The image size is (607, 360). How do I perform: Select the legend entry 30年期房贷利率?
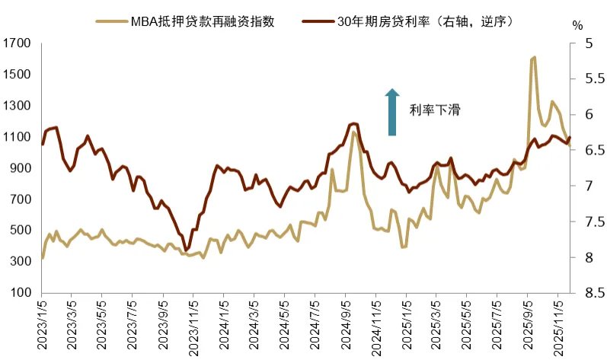pyautogui.click(x=426, y=21)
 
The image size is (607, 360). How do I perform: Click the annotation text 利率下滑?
pyautogui.click(x=435, y=110)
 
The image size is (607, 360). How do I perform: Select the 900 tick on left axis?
pyautogui.click(x=18, y=168)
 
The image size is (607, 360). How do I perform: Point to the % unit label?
pyautogui.click(x=577, y=24)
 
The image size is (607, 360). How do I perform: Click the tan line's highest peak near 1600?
pyautogui.click(x=533, y=57)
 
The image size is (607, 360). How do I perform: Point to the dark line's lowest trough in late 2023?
pyautogui.click(x=187, y=250)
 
